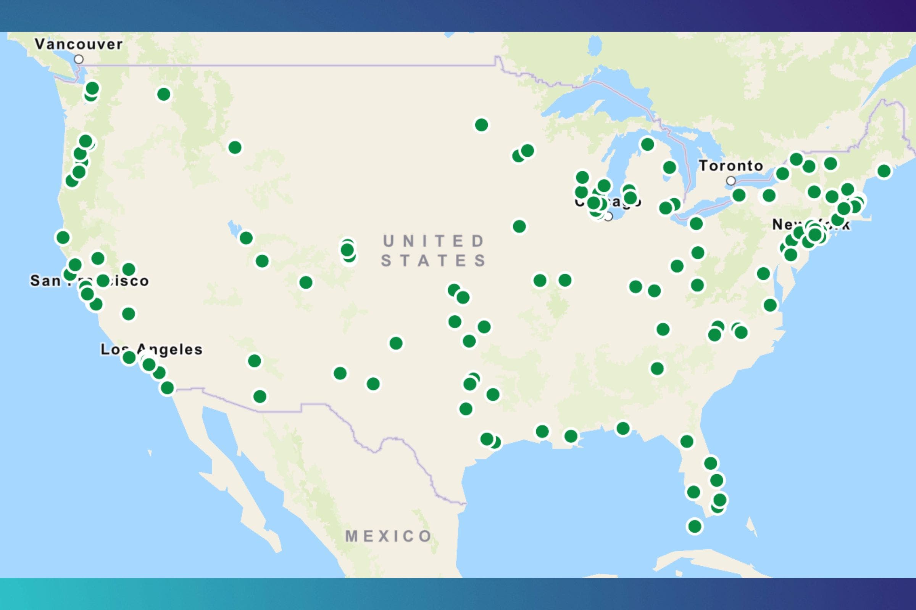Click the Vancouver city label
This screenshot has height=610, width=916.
point(79,44)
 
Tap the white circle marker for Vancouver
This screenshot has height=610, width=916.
point(79,59)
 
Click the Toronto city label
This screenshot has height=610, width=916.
point(731,166)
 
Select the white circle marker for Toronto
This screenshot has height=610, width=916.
point(731,181)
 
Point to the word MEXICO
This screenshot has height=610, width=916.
point(389,536)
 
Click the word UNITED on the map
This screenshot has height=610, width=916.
point(434,241)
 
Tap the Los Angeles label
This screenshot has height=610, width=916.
point(151,349)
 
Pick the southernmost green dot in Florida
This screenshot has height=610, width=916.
point(695,527)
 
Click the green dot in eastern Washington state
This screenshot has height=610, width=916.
point(164,94)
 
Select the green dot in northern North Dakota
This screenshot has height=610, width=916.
point(481,125)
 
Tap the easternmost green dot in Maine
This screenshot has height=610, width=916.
point(884,171)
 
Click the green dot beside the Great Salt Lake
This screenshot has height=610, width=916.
point(246,238)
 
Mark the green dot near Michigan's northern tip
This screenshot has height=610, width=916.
point(647,144)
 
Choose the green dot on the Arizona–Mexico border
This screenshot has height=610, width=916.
point(260,396)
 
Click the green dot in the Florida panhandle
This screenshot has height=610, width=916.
point(623,428)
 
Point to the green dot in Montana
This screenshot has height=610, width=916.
point(235,148)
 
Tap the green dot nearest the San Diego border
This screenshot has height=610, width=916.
point(167,387)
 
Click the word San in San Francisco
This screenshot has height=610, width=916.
point(45,281)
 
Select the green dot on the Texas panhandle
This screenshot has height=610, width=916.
point(396,343)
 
